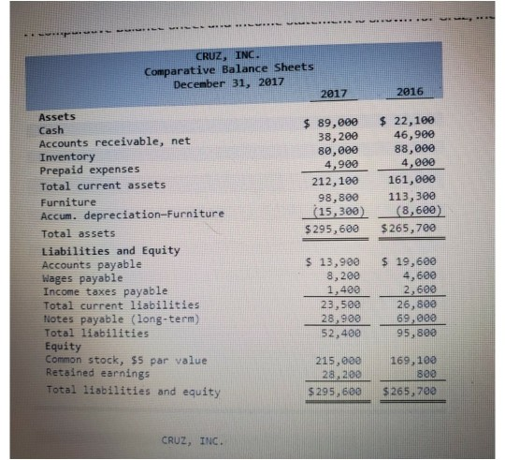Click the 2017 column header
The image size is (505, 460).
pyautogui.click(x=334, y=94)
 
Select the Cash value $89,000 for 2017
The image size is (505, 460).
pyautogui.click(x=333, y=122)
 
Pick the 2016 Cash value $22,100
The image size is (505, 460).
pyautogui.click(x=408, y=122)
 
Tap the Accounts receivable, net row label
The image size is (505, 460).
pyautogui.click(x=113, y=142)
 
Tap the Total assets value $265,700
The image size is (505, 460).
pyautogui.click(x=408, y=228)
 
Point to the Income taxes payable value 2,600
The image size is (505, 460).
pyautogui.click(x=414, y=290)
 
